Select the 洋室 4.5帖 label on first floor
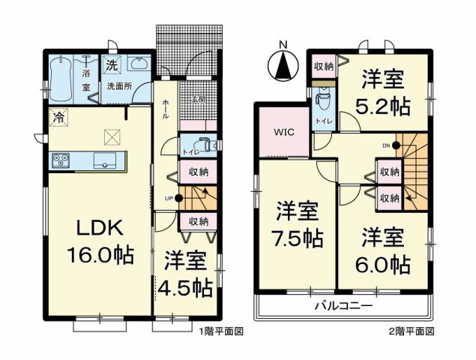[184, 274]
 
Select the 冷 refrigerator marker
[57, 117]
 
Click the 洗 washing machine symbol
[111, 65]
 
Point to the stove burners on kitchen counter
[59, 160]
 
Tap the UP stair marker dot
[178, 198]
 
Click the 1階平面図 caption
[222, 331]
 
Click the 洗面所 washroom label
[118, 85]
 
